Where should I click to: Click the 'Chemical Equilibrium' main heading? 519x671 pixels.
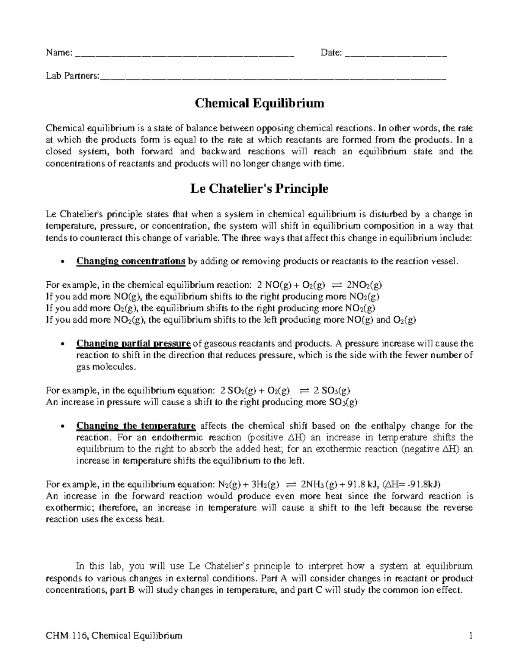(259, 104)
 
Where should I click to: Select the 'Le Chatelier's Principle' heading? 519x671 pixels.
(259, 189)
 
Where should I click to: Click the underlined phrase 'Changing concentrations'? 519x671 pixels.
(131, 261)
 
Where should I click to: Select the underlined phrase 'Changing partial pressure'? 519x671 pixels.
(133, 343)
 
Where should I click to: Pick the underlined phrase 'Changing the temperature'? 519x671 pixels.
(136, 426)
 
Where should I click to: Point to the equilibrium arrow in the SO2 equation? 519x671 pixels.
(304, 391)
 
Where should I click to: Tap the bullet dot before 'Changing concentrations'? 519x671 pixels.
(64, 262)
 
